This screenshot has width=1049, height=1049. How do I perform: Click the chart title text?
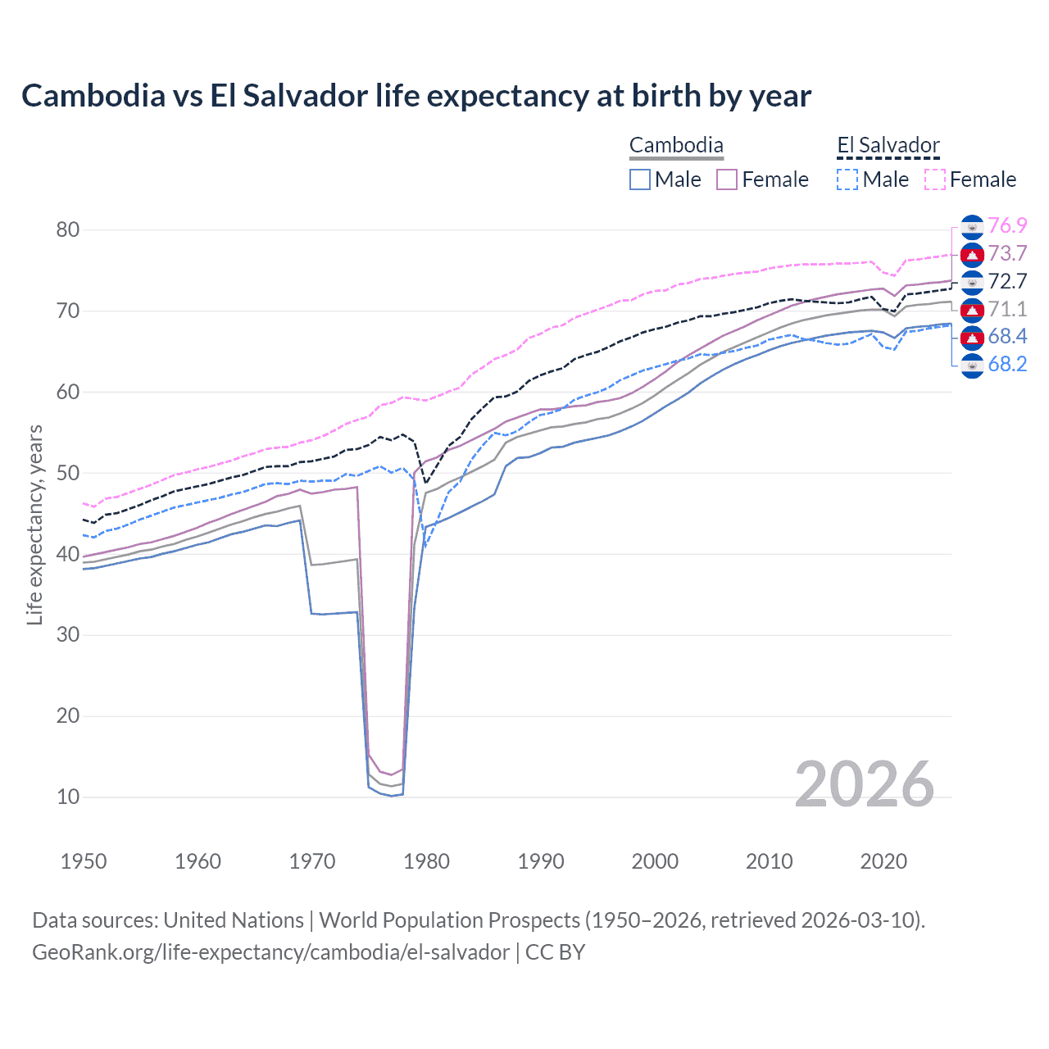tap(416, 96)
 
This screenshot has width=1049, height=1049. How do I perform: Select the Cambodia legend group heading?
tap(676, 146)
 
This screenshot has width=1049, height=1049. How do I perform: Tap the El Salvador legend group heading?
tap(888, 146)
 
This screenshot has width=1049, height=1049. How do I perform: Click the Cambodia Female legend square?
tap(727, 179)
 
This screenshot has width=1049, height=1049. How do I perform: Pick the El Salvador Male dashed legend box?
tap(847, 179)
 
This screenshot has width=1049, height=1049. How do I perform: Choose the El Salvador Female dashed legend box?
tap(935, 179)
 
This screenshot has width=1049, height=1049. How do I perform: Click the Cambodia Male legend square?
tap(640, 179)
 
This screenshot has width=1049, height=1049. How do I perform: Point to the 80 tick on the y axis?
tap(68, 229)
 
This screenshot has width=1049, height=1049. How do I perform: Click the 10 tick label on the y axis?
tap(68, 797)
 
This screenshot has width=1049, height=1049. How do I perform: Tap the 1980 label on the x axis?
tap(426, 861)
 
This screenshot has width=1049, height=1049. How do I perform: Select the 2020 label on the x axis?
tap(883, 861)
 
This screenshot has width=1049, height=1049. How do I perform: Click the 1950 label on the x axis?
tap(84, 861)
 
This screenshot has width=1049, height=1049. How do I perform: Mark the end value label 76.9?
tap(1007, 225)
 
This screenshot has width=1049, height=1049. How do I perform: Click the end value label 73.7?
tap(1007, 253)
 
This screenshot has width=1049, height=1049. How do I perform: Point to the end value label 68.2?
tap(1007, 364)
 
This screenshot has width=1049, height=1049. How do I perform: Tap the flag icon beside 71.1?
tap(972, 309)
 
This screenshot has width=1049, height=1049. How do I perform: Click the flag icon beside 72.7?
tap(972, 281)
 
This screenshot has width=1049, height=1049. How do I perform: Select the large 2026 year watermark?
tap(864, 784)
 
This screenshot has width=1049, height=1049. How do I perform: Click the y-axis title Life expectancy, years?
tap(34, 524)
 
